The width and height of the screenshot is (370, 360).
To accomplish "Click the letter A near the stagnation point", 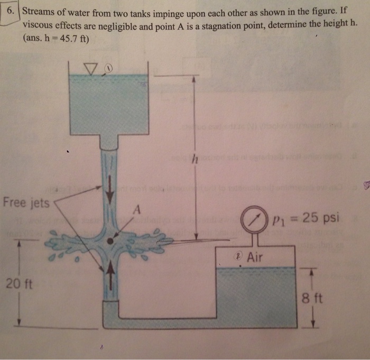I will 135,210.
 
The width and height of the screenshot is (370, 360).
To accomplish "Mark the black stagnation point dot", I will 110,241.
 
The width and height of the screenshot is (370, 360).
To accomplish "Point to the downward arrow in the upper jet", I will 110,193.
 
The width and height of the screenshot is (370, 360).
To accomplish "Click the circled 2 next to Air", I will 239,255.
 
